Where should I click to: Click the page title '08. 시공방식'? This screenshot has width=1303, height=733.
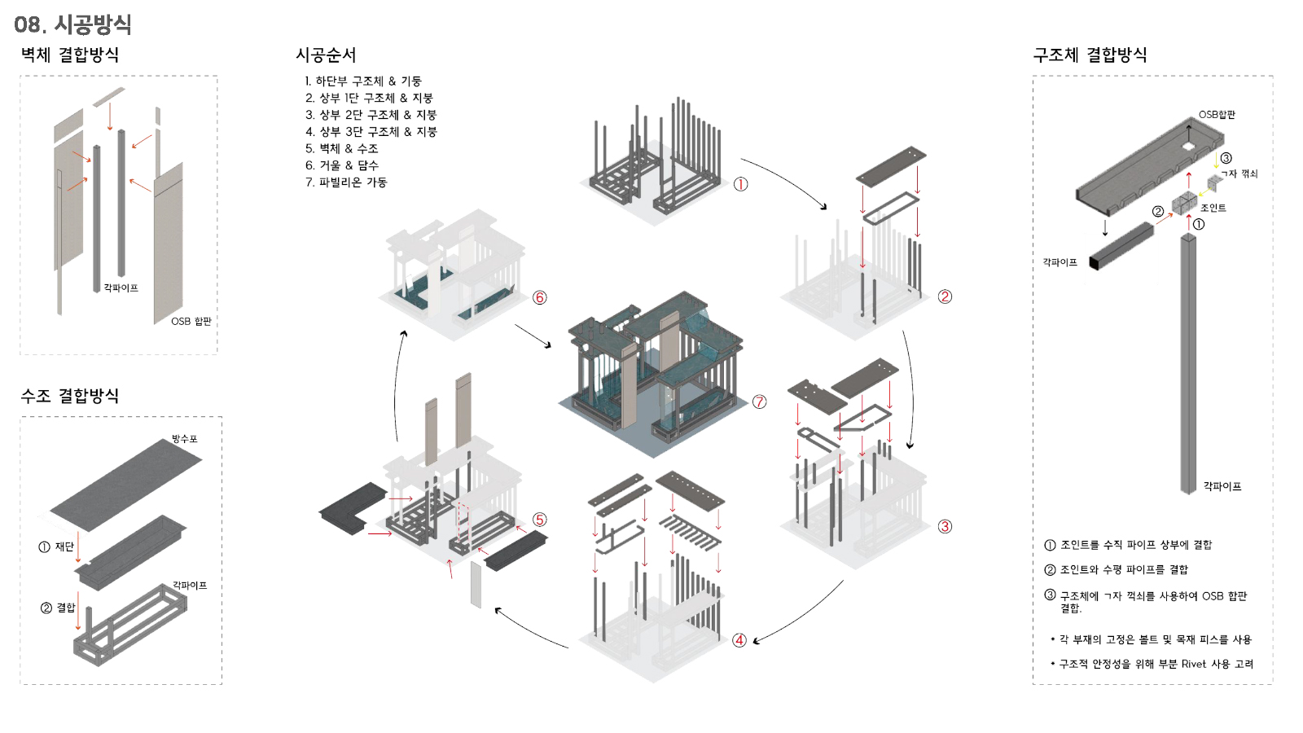pyautogui.click(x=72, y=24)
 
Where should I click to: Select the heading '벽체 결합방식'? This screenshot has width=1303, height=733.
pyautogui.click(x=70, y=55)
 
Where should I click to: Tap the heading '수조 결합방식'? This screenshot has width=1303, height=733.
pyautogui.click(x=70, y=396)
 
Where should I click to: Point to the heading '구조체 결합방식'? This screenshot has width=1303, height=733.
pyautogui.click(x=1090, y=55)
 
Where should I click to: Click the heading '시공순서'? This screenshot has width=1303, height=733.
pyautogui.click(x=326, y=55)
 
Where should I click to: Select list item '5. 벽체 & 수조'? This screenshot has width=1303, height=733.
pyautogui.click(x=342, y=149)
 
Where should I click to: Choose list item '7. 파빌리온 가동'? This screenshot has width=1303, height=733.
pyautogui.click(x=347, y=182)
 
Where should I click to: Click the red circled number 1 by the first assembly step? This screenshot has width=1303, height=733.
pyautogui.click(x=740, y=184)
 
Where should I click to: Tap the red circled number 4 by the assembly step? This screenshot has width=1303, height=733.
pyautogui.click(x=739, y=640)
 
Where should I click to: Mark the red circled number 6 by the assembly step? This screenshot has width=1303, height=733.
pyautogui.click(x=540, y=298)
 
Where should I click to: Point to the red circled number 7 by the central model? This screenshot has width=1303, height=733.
pyautogui.click(x=760, y=402)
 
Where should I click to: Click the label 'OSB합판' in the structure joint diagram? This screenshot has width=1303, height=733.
pyautogui.click(x=1217, y=115)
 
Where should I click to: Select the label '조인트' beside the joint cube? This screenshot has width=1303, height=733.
pyautogui.click(x=1213, y=208)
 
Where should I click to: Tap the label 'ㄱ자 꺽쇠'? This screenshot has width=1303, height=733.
pyautogui.click(x=1239, y=173)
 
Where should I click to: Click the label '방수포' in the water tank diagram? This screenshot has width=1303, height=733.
pyautogui.click(x=184, y=439)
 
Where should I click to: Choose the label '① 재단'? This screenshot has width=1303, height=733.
pyautogui.click(x=56, y=546)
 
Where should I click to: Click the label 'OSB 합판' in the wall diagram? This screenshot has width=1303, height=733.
pyautogui.click(x=191, y=321)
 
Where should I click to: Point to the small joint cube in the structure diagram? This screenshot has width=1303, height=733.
pyautogui.click(x=1183, y=204)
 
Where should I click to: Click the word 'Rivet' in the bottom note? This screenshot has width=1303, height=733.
pyautogui.click(x=1194, y=664)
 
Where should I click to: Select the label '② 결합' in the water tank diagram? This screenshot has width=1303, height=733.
pyautogui.click(x=58, y=608)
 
